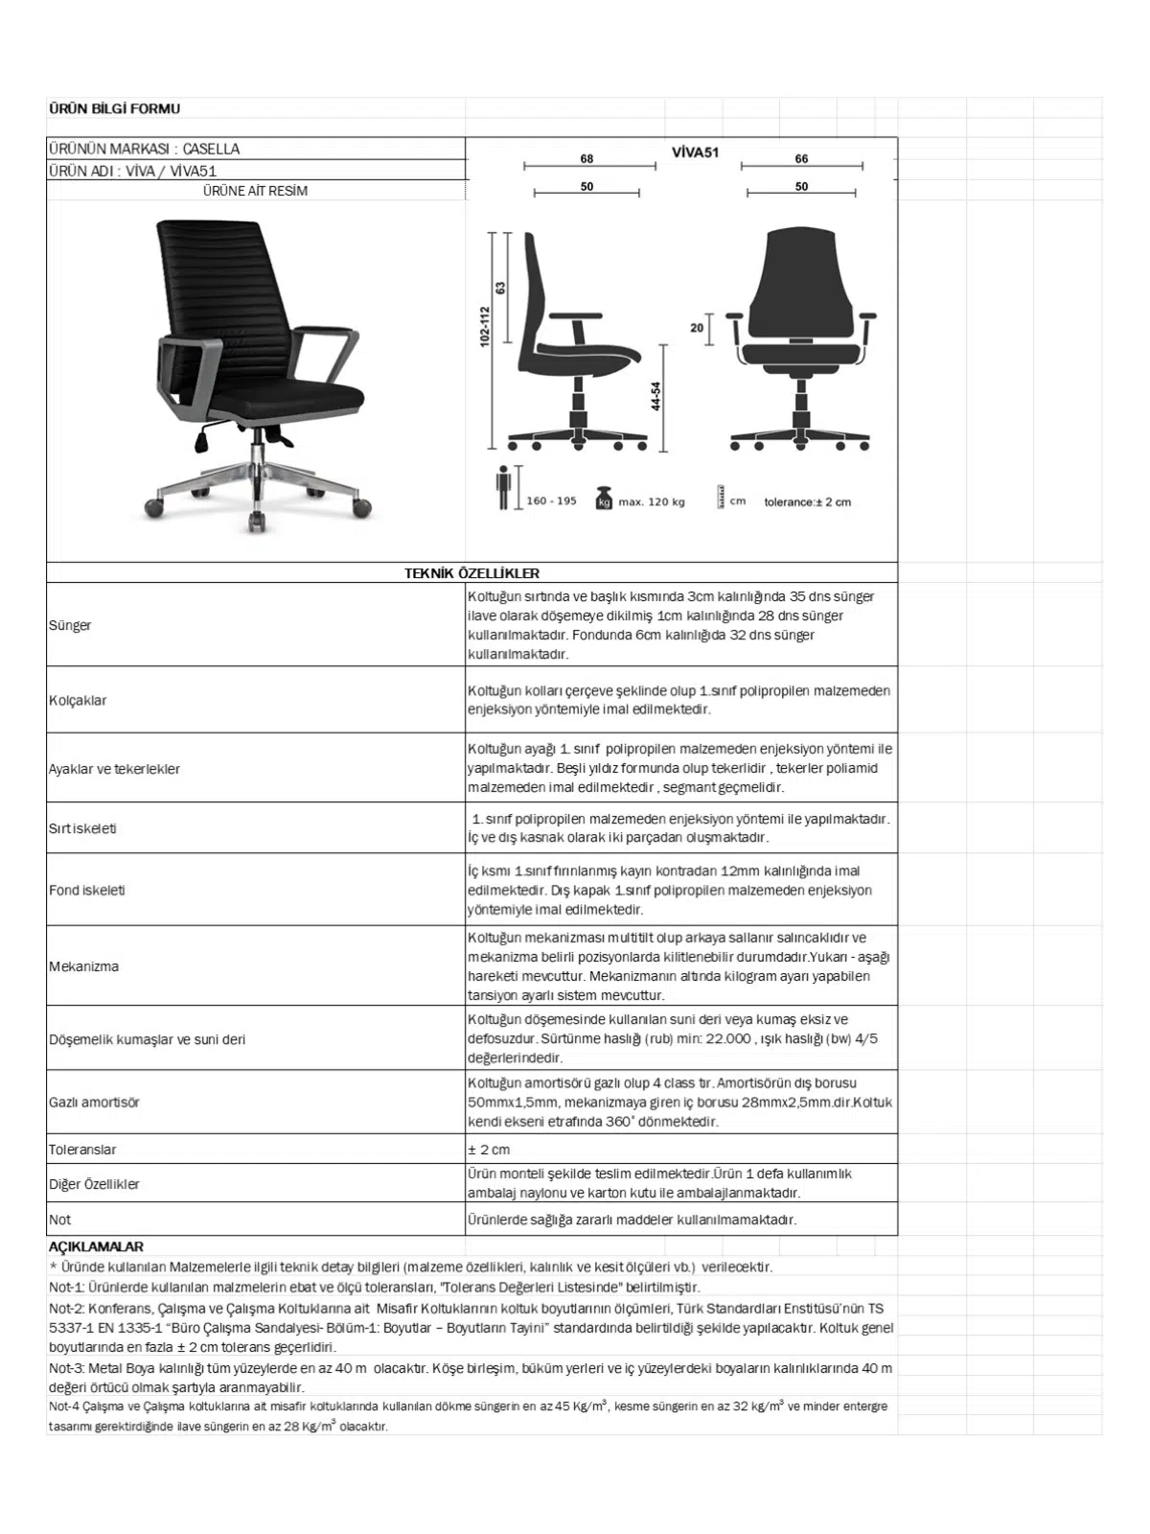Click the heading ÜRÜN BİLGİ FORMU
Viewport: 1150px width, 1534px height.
coord(114,109)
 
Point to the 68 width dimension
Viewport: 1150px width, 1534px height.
coord(586,159)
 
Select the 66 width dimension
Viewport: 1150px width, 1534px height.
coord(801,159)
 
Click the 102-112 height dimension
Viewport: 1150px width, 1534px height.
coord(485,327)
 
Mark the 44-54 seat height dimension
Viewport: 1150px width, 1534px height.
coord(655,396)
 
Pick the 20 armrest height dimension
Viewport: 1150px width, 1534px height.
coord(697,328)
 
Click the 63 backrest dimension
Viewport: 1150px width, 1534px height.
coord(500,288)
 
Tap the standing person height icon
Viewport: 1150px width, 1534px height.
coord(503,488)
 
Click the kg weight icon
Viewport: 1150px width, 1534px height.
coord(604,499)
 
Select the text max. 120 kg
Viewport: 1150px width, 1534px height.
coord(652,501)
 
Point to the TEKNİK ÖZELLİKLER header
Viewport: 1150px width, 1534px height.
coord(471,573)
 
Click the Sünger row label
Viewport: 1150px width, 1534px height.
coord(70,625)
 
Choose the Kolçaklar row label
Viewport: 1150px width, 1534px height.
coord(78,700)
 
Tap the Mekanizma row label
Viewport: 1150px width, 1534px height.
coord(84,966)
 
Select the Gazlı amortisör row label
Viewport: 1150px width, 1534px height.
coord(94,1103)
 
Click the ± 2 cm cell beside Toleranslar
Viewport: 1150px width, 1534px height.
coord(489,1150)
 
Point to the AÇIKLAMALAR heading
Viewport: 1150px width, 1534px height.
coord(96,1247)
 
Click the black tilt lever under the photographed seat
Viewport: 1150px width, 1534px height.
coord(201,442)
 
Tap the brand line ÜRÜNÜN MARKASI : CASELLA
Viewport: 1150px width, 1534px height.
coord(144,149)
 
